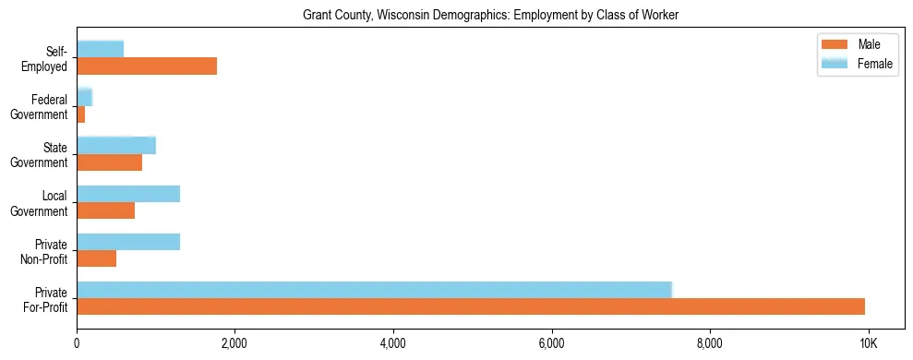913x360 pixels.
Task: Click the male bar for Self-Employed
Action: point(147,66)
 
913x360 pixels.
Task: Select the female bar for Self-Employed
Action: point(100,49)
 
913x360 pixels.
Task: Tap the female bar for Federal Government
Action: point(84,97)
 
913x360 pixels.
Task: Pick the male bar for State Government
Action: point(109,162)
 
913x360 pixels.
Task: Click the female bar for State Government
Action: point(116,145)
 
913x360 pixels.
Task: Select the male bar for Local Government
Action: point(105,210)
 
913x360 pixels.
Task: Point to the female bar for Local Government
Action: point(128,194)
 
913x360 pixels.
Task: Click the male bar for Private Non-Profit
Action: point(96,258)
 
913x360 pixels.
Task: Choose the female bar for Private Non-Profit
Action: point(128,242)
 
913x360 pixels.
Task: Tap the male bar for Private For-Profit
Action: point(471,306)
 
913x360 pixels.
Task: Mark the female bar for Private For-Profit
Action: point(374,290)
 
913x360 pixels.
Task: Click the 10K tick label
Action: point(868,343)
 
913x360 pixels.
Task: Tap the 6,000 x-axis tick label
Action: point(551,343)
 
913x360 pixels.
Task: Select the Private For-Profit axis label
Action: point(45,299)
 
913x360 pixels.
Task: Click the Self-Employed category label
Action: point(45,58)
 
